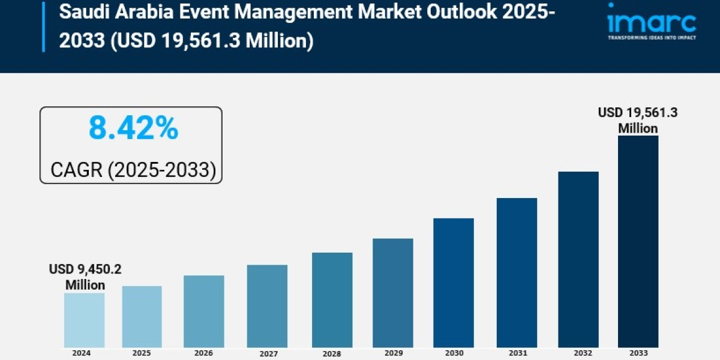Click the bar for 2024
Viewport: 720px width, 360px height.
[x=84, y=320]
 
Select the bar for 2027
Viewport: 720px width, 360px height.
[x=267, y=305]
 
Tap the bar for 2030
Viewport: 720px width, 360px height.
[x=453, y=282]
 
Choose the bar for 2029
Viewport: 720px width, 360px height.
[x=392, y=292]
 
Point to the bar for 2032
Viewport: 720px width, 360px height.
[x=578, y=259]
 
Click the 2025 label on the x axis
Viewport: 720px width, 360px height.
[x=142, y=353]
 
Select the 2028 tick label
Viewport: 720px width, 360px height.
[x=332, y=354]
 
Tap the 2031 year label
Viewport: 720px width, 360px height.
[x=517, y=354]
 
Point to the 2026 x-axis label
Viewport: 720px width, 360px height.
[x=203, y=353]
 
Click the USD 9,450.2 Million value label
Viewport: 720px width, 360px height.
[x=85, y=277]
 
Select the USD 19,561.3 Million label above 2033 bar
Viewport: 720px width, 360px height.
[x=638, y=120]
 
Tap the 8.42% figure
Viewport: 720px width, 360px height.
[x=133, y=128]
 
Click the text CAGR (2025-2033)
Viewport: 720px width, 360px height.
[x=133, y=170]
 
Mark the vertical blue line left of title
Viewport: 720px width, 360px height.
[x=44, y=26]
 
